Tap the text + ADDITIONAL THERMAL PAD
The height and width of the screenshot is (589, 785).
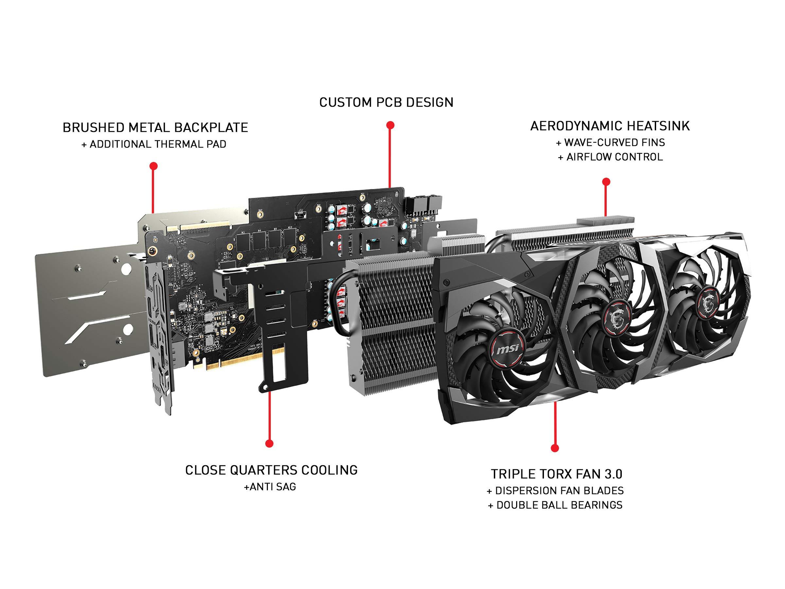click(x=154, y=144)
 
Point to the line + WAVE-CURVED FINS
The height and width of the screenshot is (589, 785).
click(x=610, y=142)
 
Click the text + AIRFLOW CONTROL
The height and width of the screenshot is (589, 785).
click(x=610, y=157)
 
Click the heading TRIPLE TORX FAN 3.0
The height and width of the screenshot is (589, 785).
click(x=556, y=474)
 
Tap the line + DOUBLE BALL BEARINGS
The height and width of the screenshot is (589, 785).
click(x=555, y=505)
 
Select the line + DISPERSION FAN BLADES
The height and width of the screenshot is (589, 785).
click(x=555, y=491)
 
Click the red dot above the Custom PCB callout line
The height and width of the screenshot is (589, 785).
click(x=390, y=125)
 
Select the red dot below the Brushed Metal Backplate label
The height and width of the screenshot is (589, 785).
click(x=154, y=166)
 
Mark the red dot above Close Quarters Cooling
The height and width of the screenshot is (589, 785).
click(x=270, y=443)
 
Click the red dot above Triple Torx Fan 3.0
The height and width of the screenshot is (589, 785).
click(x=555, y=448)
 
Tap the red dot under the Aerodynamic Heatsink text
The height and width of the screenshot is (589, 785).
click(x=606, y=182)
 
